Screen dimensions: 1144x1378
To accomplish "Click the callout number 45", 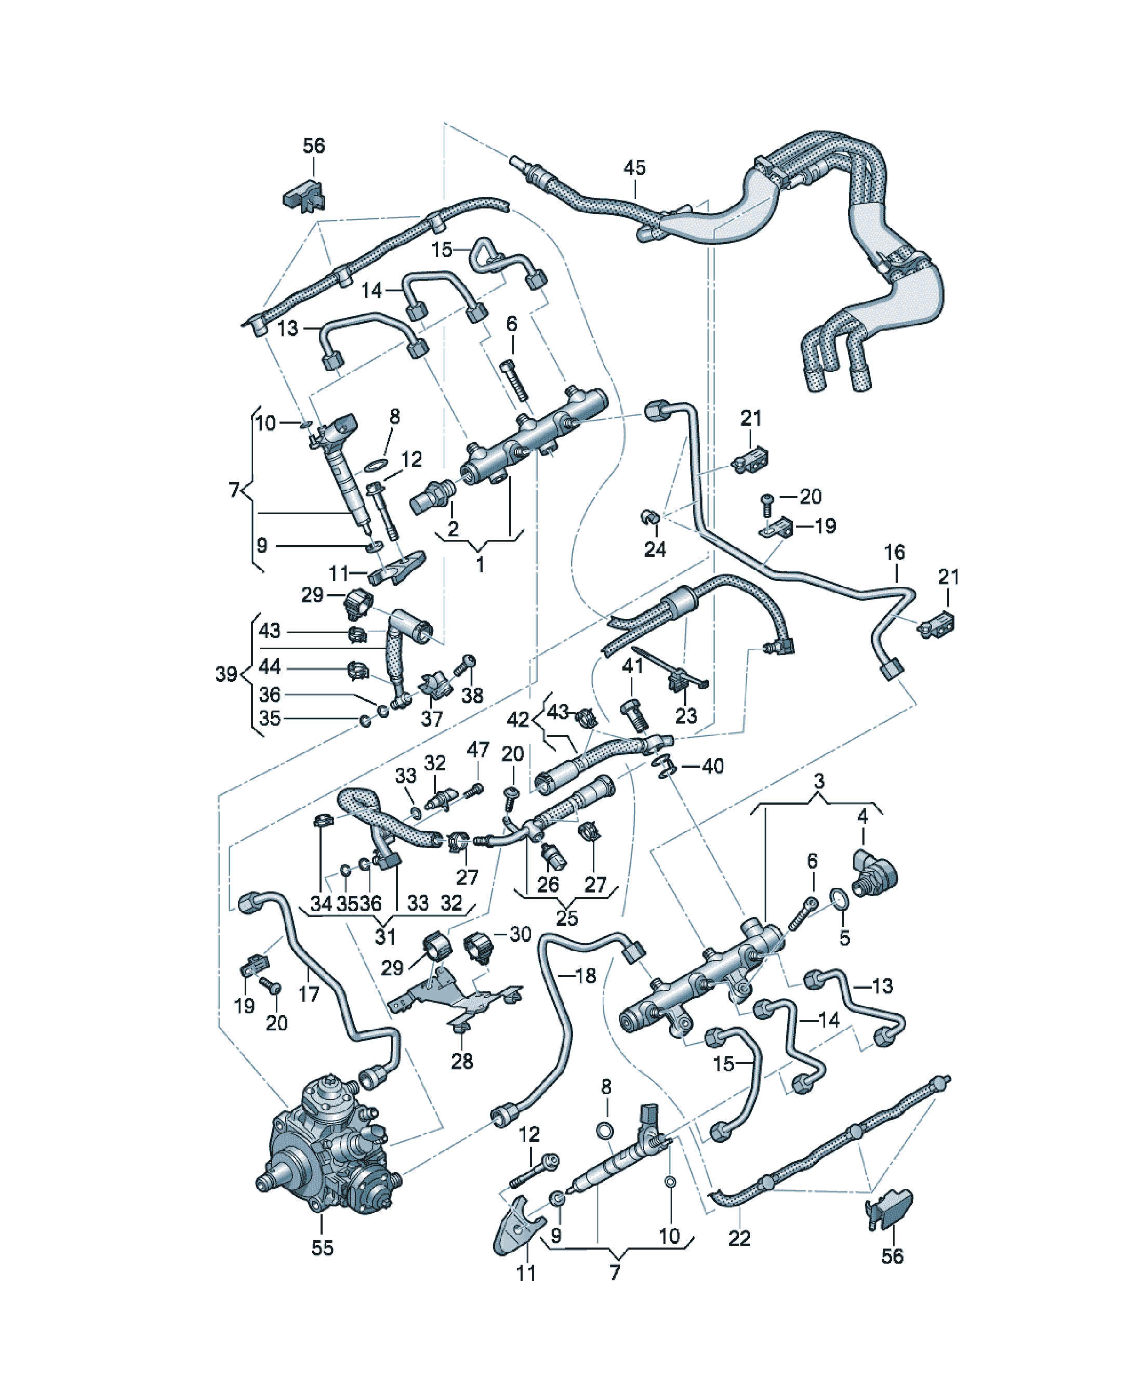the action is click(x=634, y=167).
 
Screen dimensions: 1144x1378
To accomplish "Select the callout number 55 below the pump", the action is click(x=322, y=1248).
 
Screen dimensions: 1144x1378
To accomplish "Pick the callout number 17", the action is click(x=308, y=994).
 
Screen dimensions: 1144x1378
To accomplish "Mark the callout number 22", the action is click(x=739, y=1238).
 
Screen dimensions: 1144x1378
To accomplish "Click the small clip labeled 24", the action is click(x=649, y=518).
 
